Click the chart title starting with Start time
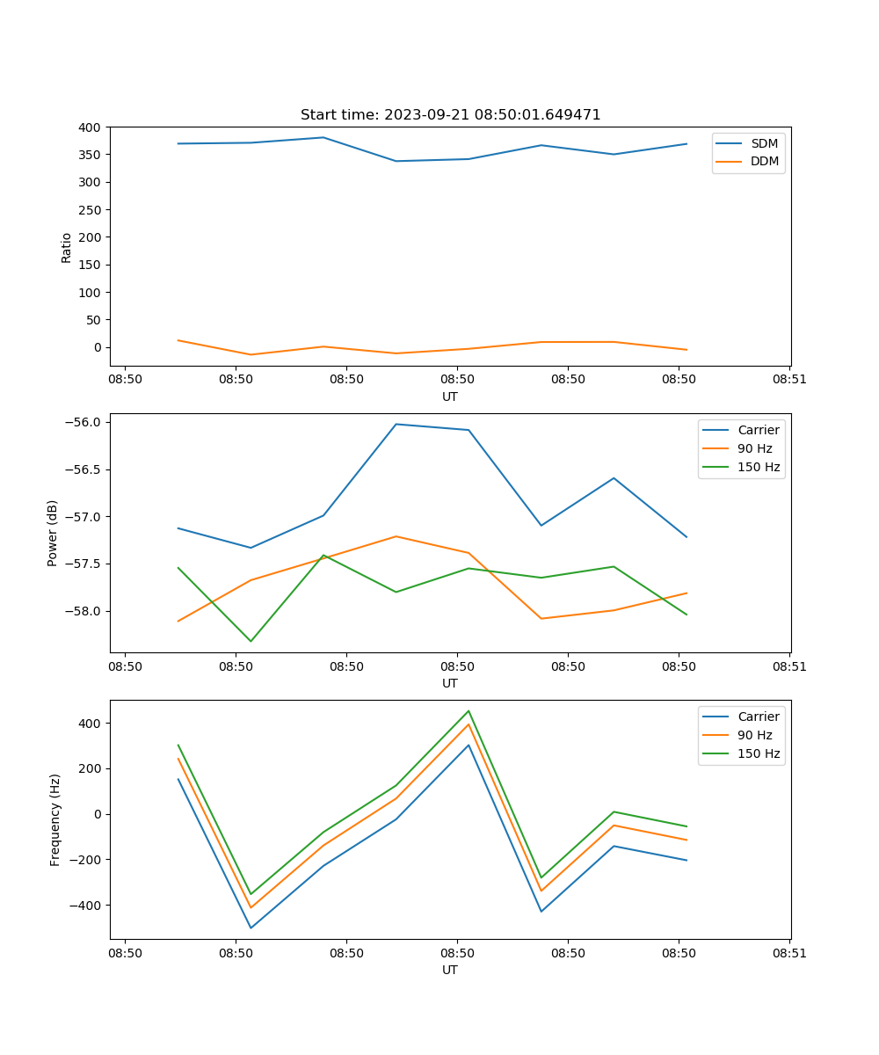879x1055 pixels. [x=450, y=115]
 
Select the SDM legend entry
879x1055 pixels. [x=764, y=143]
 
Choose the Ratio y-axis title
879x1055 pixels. [x=67, y=247]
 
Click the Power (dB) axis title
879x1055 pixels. [x=53, y=533]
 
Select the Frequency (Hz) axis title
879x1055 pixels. [x=55, y=819]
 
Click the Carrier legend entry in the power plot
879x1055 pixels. [x=758, y=430]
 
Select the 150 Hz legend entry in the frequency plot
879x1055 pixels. [x=759, y=753]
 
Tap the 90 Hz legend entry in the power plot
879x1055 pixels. [x=754, y=448]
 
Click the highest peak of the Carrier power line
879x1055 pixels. [x=396, y=424]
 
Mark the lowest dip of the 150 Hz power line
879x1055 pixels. [x=251, y=641]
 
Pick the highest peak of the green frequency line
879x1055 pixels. [x=469, y=710]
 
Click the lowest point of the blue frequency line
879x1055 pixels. [x=251, y=928]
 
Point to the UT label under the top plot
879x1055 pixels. [x=450, y=397]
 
